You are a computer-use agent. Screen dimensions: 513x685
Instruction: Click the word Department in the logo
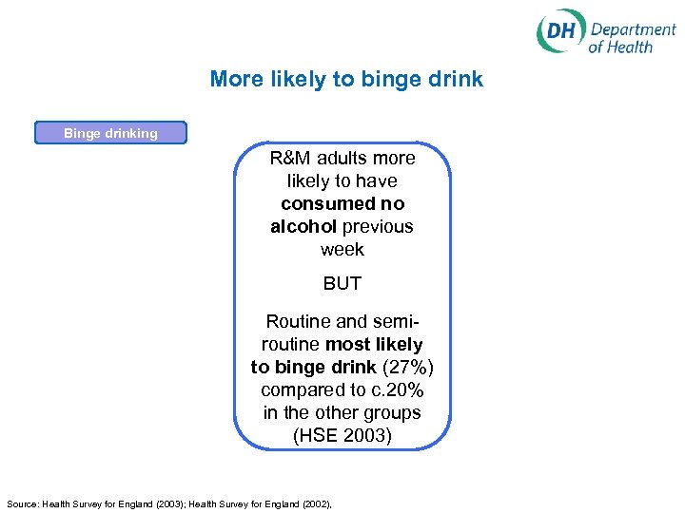tap(632, 28)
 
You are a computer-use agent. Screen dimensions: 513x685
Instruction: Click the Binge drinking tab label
tap(110, 133)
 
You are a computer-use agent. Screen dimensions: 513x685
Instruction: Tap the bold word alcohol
tap(303, 226)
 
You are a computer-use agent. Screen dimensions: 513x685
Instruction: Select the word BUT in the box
tap(342, 283)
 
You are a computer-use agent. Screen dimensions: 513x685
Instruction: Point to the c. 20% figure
tap(403, 389)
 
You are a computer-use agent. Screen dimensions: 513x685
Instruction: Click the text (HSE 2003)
tap(342, 435)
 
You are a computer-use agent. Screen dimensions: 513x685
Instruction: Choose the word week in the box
tap(342, 249)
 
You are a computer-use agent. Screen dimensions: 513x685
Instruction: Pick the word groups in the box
tap(394, 412)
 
